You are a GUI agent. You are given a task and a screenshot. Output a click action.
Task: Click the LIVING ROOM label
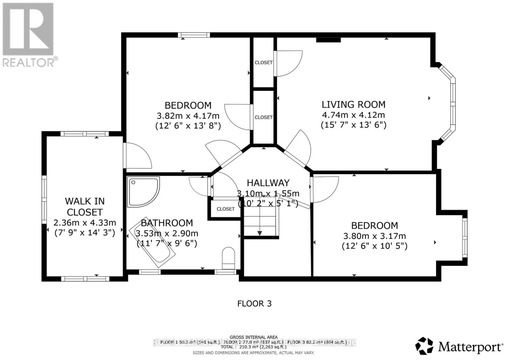[353, 104]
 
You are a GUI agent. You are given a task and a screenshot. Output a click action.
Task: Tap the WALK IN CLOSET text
[85, 206]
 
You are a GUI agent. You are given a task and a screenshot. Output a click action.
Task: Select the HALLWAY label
[268, 183]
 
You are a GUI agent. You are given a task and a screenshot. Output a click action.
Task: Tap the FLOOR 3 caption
[254, 303]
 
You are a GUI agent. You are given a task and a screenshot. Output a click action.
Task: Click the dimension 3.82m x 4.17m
[188, 116]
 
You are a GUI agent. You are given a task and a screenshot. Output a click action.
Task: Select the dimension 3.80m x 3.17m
[374, 236]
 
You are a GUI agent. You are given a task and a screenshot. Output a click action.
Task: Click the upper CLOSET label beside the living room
[263, 63]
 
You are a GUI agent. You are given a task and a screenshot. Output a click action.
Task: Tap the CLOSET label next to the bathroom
[226, 209]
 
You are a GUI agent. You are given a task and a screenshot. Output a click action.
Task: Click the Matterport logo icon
[424, 346]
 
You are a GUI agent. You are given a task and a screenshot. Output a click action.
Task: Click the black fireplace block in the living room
[328, 40]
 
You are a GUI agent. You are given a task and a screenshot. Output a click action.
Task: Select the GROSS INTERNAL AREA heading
[254, 337]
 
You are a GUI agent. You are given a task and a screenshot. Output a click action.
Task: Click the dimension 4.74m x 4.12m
[353, 115]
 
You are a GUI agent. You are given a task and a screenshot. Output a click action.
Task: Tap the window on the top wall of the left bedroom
[193, 35]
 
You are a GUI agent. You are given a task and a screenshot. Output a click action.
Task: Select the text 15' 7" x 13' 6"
[353, 125]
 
